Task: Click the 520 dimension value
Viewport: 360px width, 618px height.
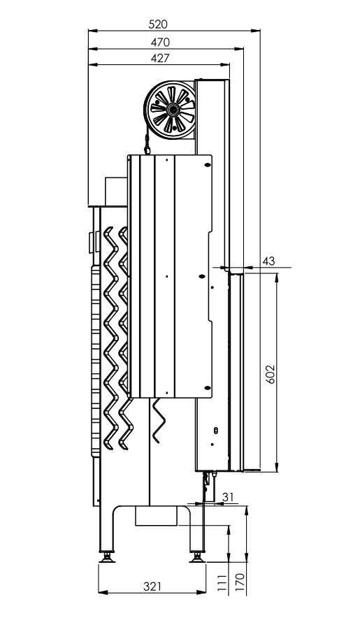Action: [x=158, y=24]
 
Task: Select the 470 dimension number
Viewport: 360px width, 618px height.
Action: [x=160, y=42]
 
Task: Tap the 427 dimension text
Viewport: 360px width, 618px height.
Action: [x=160, y=58]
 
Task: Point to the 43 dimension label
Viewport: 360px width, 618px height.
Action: [x=268, y=261]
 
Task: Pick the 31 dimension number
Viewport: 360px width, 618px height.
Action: [x=227, y=497]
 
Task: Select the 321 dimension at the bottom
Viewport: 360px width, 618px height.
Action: [x=152, y=587]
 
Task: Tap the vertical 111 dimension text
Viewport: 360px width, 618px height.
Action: [x=223, y=582]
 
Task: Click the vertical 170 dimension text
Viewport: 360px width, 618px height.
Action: [x=240, y=582]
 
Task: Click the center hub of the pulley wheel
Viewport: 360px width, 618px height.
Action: [x=172, y=109]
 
